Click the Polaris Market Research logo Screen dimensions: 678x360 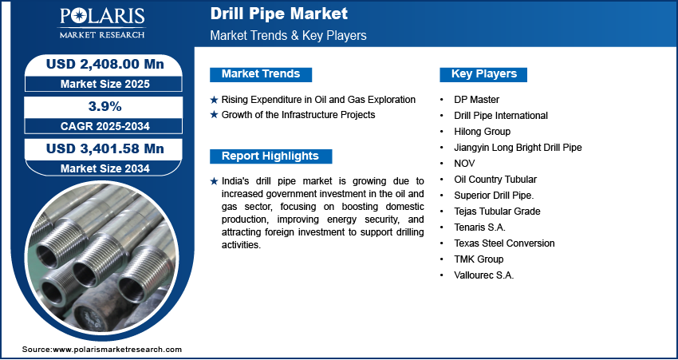click(102, 23)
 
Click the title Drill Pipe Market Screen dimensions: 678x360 click(279, 14)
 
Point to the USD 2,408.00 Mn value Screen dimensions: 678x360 click(105, 65)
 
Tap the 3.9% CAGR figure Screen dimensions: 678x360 click(104, 106)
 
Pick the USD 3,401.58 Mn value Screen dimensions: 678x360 click(105, 148)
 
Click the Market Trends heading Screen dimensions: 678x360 click(261, 74)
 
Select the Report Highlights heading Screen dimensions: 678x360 click(270, 156)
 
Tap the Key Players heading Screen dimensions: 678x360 click(484, 74)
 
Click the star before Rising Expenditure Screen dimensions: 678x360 click(214, 100)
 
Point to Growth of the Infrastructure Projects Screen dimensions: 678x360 click(298, 115)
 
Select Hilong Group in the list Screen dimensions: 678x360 click(482, 132)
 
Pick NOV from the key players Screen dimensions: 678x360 click(464, 163)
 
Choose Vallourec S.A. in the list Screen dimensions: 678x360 click(484, 275)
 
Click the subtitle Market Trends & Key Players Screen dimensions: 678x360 click(289, 35)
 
